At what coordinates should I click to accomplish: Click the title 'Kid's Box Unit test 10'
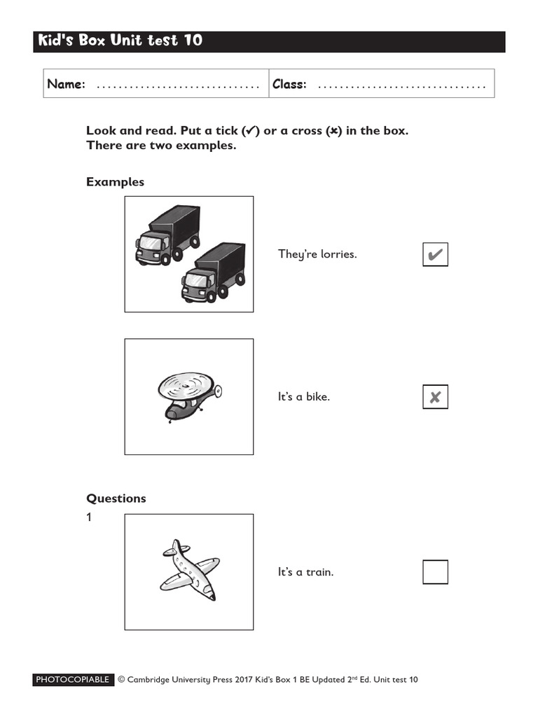coord(118,41)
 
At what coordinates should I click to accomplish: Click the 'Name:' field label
coord(66,85)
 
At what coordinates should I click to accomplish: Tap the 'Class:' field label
coord(289,85)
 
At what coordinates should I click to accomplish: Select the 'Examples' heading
coord(115,182)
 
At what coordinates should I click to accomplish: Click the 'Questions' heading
coord(116,499)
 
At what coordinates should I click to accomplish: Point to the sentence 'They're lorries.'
coord(317,254)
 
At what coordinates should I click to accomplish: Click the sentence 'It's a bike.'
coord(303,397)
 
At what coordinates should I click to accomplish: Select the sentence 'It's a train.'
coord(305,572)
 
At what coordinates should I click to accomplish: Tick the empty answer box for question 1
coord(435,572)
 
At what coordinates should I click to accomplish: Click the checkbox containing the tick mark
coord(435,254)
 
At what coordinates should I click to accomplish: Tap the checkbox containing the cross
coord(435,397)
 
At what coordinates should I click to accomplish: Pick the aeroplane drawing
coord(189,571)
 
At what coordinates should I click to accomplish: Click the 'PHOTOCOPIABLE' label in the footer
coord(73,680)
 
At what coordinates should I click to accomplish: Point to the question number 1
coord(90,518)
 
